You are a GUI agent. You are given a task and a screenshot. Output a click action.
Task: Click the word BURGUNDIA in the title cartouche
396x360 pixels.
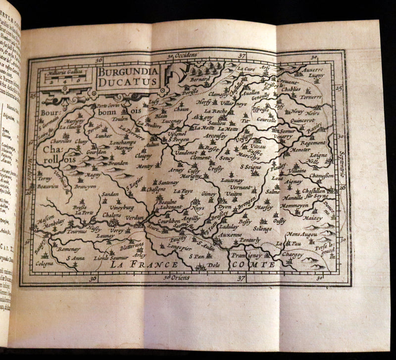coord(127,71)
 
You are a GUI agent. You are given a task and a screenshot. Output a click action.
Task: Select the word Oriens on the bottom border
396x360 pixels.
coord(181,278)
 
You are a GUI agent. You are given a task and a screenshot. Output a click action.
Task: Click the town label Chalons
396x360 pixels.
coord(114,216)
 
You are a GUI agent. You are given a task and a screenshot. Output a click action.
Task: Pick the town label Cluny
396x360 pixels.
coord(81,142)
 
